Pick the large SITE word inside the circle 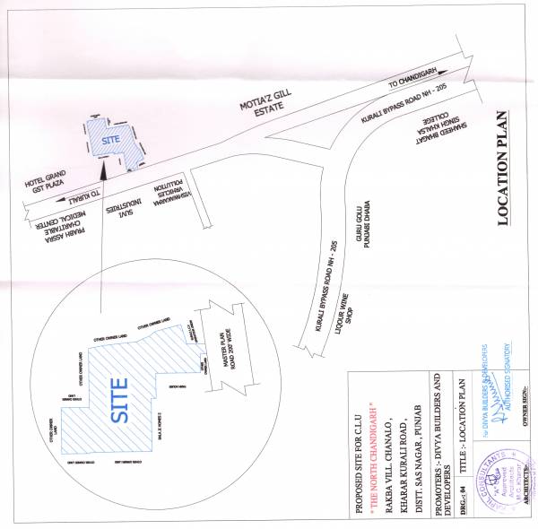pyautogui.click(x=119, y=403)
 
